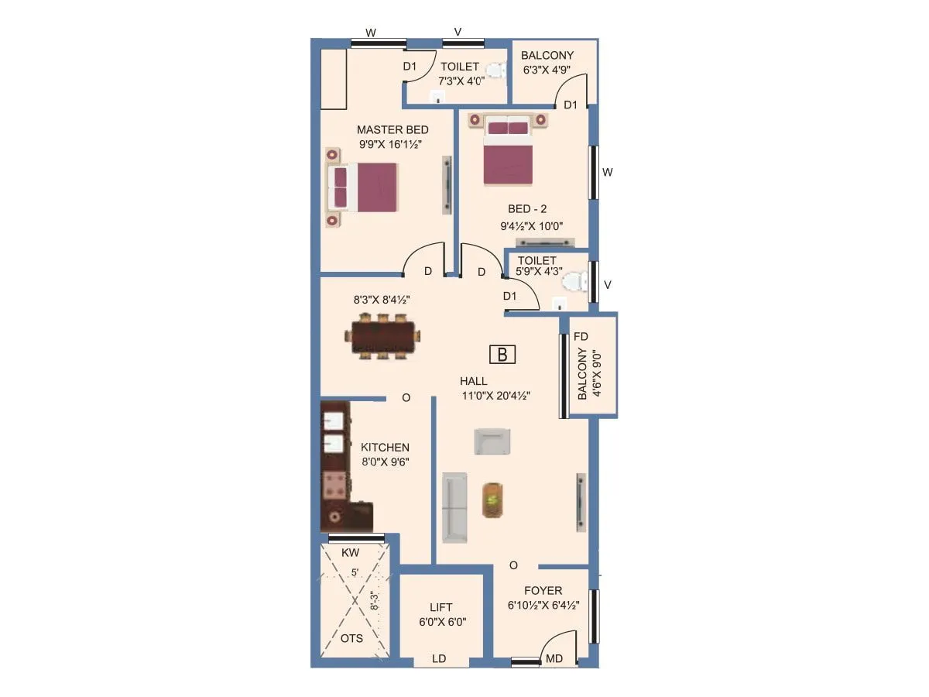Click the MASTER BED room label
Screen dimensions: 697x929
click(393, 130)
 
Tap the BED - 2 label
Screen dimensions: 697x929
click(525, 209)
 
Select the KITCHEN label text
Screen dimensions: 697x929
click(385, 448)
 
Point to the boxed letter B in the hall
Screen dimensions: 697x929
click(502, 355)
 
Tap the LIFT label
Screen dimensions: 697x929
click(441, 608)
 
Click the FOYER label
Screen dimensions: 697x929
click(543, 591)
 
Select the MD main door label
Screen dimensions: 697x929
click(554, 659)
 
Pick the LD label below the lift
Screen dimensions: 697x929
click(439, 659)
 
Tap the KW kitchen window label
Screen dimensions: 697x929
click(351, 554)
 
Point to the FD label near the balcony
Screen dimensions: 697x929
click(581, 337)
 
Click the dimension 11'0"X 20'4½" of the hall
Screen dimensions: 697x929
click(495, 395)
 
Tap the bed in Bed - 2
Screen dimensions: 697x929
click(508, 156)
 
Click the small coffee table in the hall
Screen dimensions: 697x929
click(492, 500)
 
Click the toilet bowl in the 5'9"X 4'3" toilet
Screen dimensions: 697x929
click(574, 282)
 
